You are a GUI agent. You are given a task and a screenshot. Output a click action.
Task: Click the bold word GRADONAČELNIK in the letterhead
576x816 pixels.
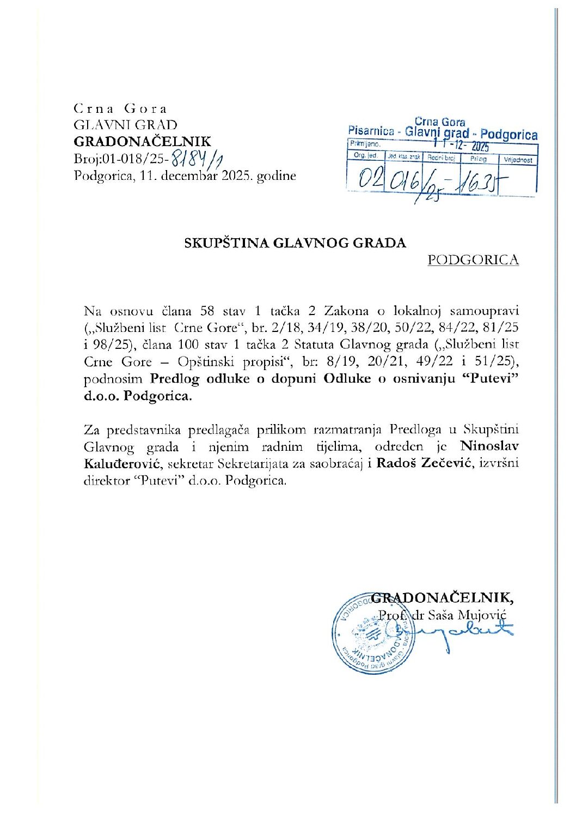[142, 142]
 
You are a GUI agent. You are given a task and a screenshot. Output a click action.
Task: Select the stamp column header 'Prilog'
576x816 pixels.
[479, 159]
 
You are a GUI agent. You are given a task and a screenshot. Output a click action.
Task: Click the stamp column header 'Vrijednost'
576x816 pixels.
[518, 160]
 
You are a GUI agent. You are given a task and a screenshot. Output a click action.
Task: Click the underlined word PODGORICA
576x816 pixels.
[473, 260]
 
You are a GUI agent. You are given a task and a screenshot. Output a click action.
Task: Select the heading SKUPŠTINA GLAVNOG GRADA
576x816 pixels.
[296, 243]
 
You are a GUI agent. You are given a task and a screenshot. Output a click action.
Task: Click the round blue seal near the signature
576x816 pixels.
[367, 632]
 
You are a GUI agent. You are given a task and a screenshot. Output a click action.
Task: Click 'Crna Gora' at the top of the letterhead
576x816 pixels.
[120, 108]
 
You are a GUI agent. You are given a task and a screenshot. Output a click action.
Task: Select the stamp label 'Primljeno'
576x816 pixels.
[366, 144]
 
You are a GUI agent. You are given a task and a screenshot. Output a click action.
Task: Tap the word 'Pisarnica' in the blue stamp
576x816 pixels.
[371, 131]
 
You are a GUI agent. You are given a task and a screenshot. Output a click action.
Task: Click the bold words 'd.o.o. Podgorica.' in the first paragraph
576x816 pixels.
[138, 396]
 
